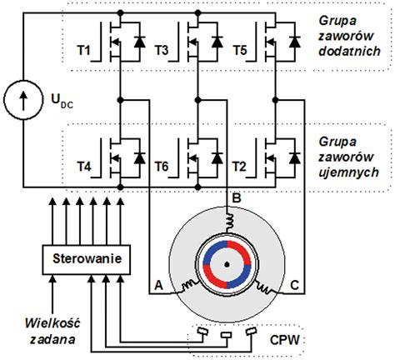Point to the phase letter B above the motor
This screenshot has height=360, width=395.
[236, 199]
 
